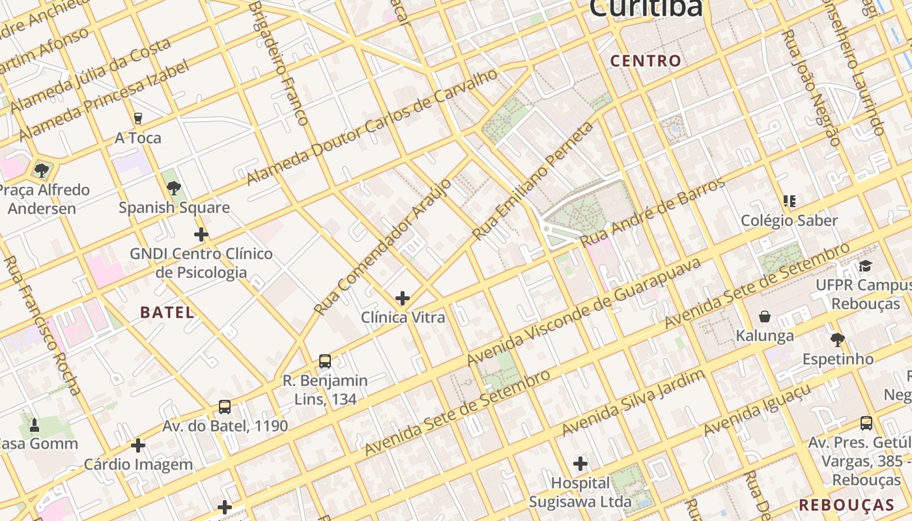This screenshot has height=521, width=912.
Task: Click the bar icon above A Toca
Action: click(137, 118)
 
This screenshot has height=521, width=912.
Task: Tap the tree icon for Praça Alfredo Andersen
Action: click(42, 171)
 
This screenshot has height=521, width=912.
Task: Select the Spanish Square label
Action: click(174, 208)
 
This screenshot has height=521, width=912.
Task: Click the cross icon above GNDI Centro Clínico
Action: click(201, 234)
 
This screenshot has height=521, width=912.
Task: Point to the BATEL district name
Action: click(167, 312)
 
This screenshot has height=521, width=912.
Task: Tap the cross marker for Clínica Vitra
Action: click(403, 298)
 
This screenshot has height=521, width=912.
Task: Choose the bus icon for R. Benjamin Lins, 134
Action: click(324, 361)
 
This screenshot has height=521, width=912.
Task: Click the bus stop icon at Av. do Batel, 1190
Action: click(225, 407)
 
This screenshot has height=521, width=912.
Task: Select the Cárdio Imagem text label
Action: click(138, 464)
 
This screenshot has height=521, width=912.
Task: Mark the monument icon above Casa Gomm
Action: click(35, 425)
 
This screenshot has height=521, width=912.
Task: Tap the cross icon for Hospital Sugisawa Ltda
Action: click(580, 464)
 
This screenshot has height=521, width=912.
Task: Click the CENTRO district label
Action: click(646, 61)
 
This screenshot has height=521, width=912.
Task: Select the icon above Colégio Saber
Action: click(790, 201)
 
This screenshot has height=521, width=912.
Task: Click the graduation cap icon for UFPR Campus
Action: click(865, 266)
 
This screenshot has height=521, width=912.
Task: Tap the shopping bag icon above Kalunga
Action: click(765, 317)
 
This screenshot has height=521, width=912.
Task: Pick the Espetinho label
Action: click(838, 359)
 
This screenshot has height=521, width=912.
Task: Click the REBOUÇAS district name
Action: click(847, 505)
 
